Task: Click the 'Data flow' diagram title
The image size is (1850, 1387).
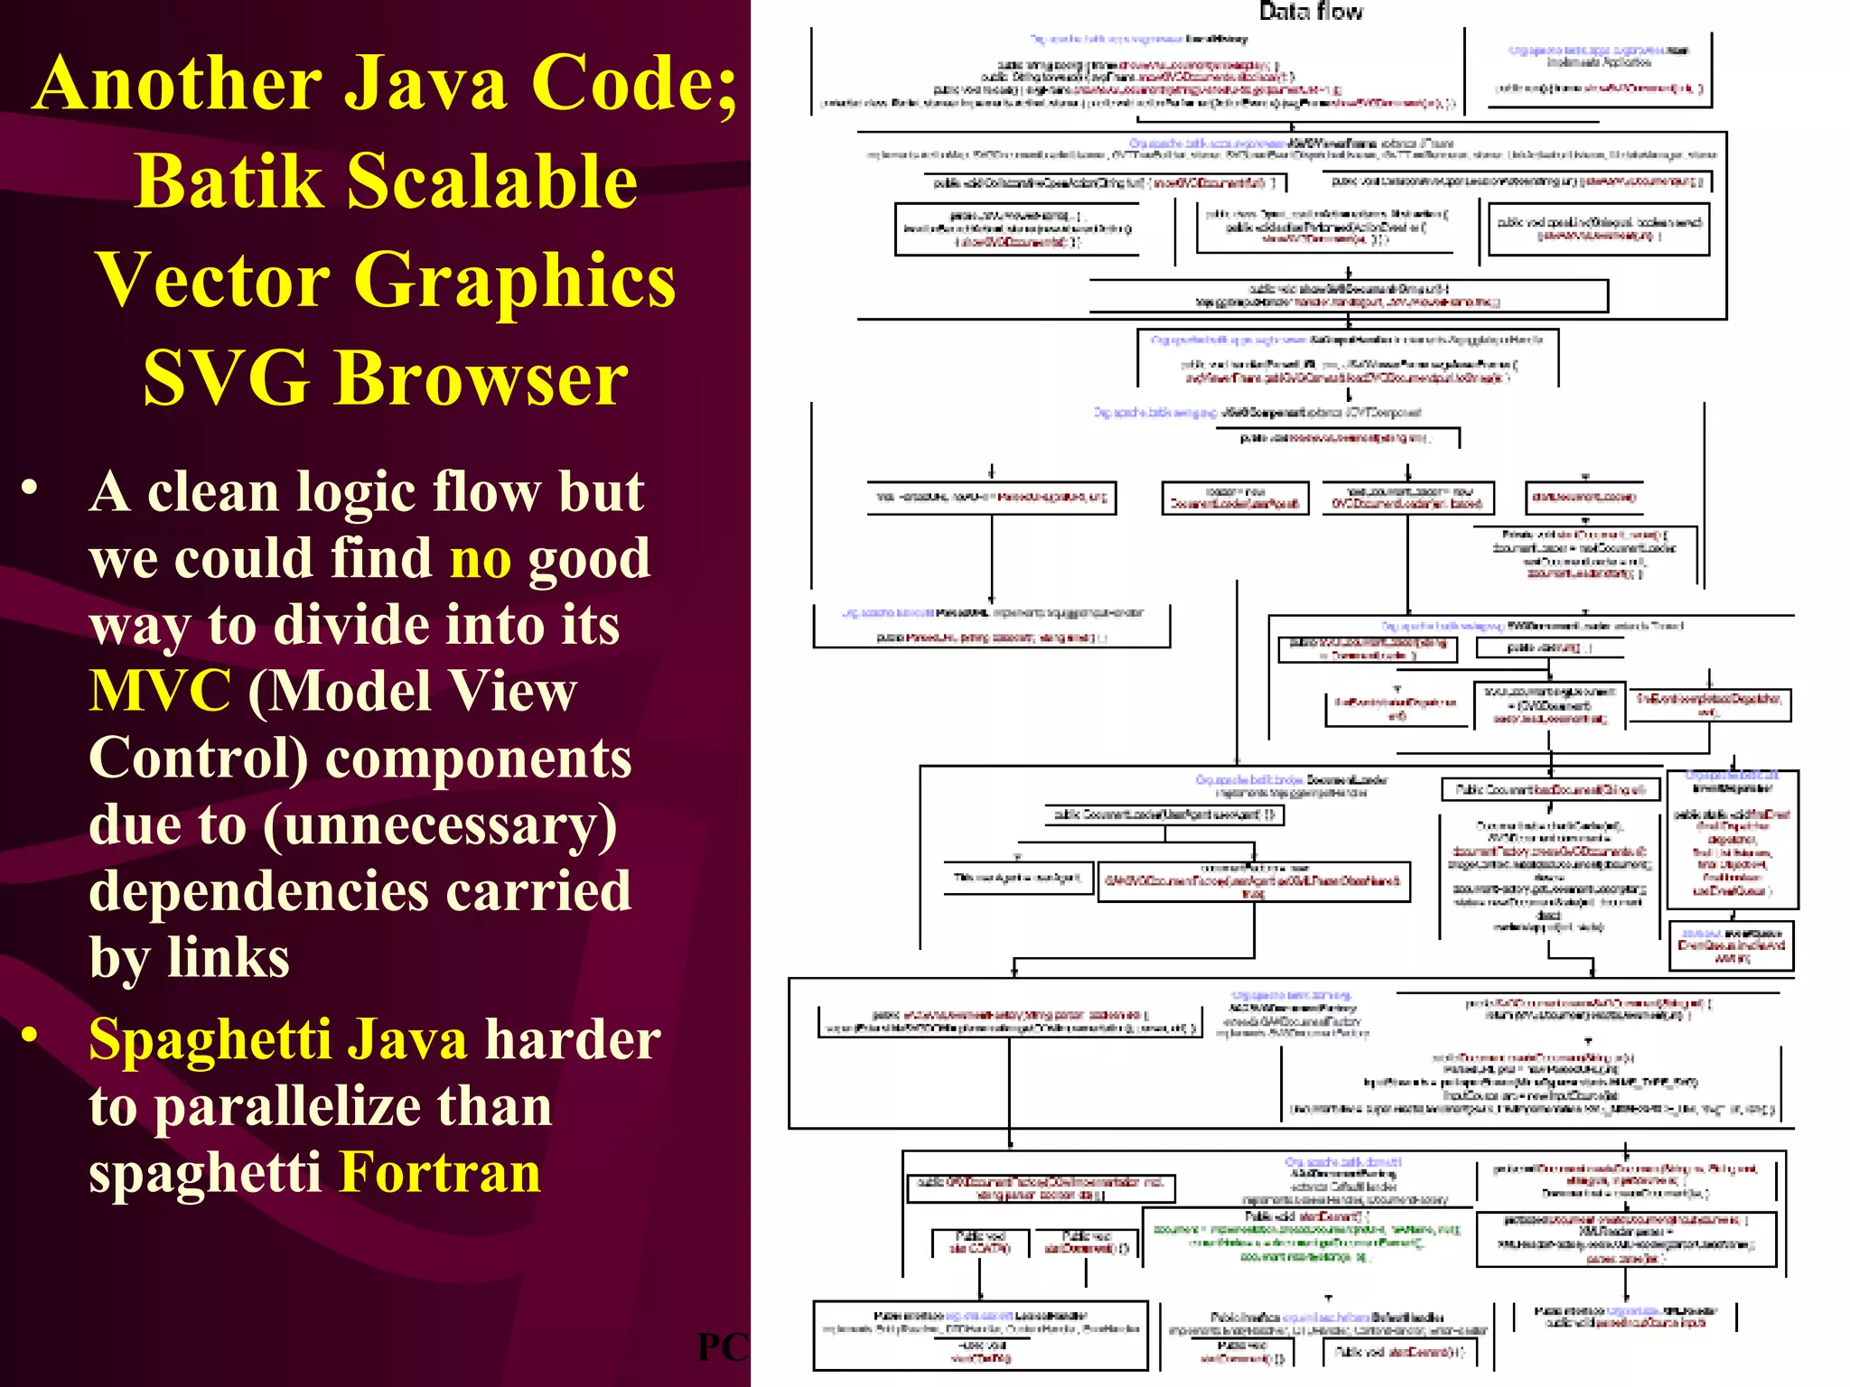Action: (1311, 12)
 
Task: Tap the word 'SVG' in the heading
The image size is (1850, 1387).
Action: (226, 378)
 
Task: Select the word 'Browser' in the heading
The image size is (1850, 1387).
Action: (481, 378)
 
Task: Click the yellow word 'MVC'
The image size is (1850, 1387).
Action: (160, 692)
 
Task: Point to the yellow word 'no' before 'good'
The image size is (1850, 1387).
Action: (481, 559)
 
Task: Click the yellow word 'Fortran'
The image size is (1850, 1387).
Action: (440, 1173)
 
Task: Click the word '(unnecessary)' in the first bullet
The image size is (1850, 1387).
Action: (440, 825)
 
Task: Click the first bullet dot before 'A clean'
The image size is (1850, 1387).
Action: (31, 489)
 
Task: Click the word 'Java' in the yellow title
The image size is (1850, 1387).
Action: (428, 83)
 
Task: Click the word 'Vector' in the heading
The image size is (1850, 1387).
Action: (212, 280)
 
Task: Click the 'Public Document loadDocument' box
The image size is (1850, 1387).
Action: (1550, 790)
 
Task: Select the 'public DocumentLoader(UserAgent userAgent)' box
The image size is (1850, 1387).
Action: (1164, 815)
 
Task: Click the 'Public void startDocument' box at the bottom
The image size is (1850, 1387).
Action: (1400, 1352)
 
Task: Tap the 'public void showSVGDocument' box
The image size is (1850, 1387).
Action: (1348, 295)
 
